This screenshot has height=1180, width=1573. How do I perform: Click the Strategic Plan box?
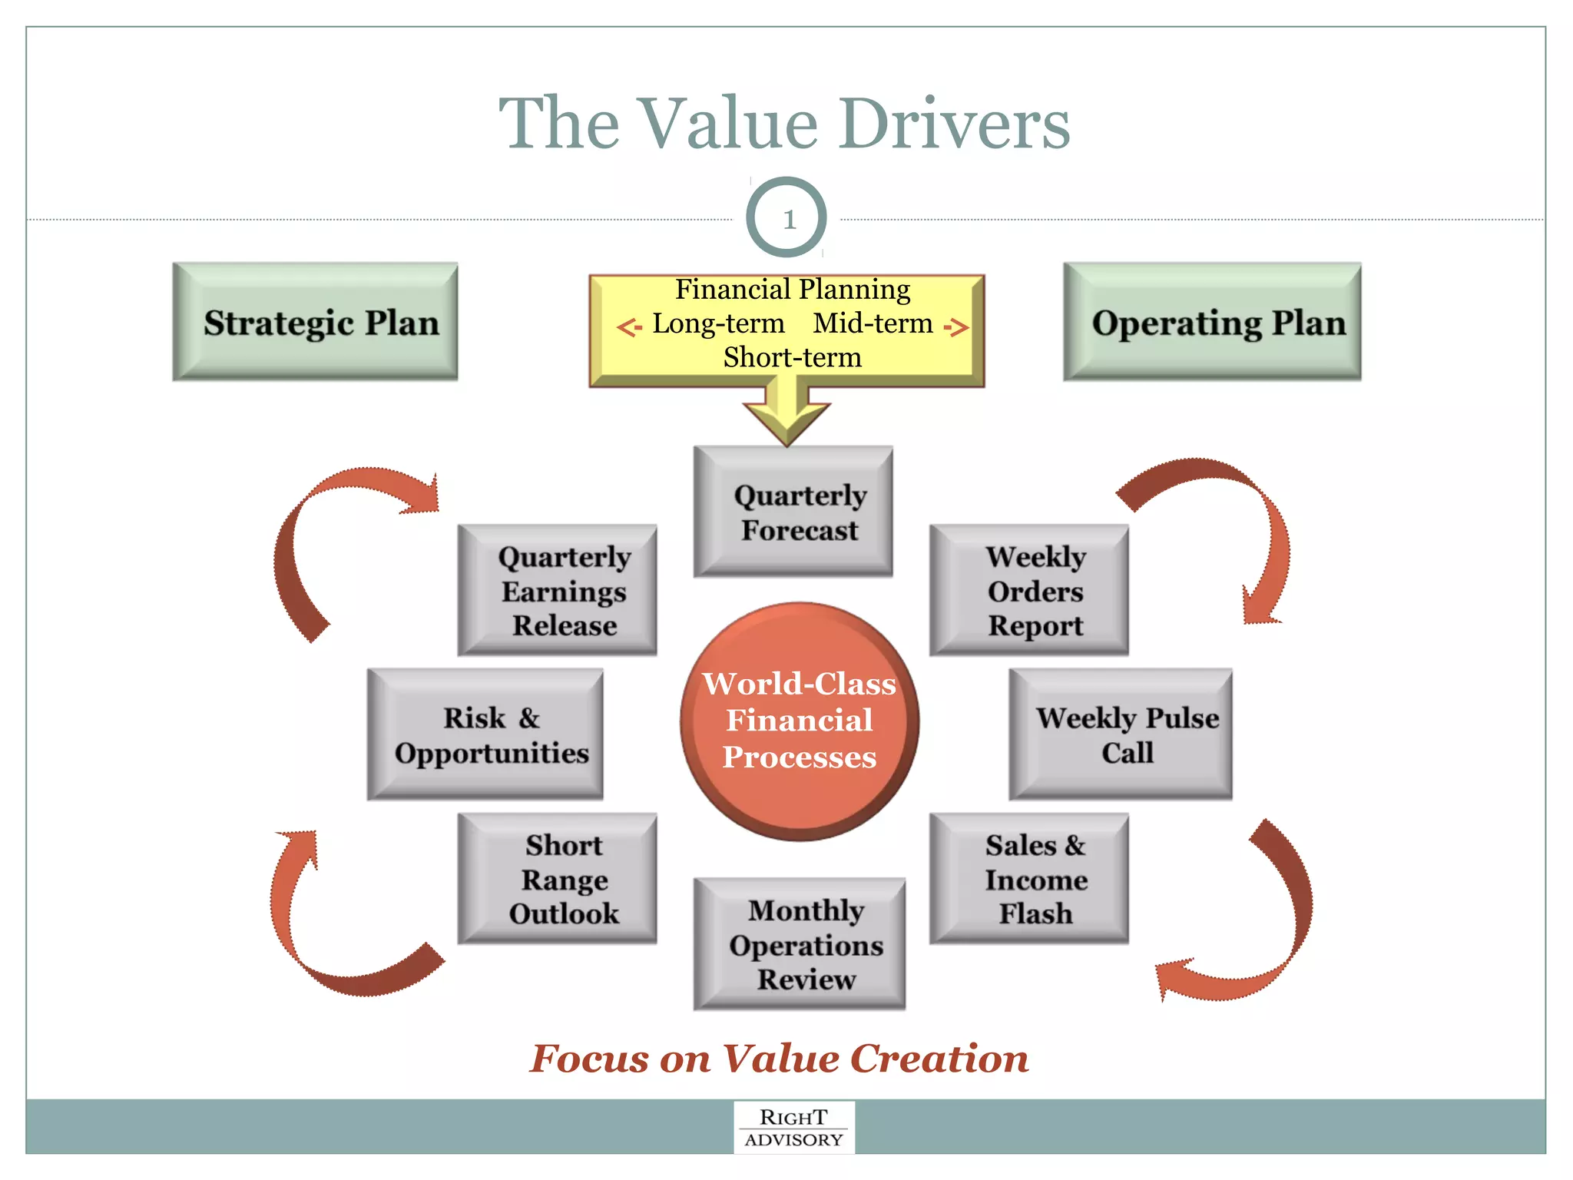[316, 322]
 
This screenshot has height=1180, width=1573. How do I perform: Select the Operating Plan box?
[1212, 322]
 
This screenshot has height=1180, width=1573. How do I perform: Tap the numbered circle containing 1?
[786, 218]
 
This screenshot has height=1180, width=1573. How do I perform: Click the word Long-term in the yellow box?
[718, 323]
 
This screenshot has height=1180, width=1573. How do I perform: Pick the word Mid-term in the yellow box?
[873, 323]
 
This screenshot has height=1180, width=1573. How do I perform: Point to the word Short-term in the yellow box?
[792, 358]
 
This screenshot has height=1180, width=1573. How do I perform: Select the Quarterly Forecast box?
[793, 512]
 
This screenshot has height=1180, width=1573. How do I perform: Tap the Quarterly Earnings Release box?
[558, 591]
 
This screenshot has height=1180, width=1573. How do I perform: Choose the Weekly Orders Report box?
[1029, 591]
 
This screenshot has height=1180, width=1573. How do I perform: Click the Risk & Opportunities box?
[485, 734]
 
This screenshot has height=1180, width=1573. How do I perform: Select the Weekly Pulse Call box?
[1121, 734]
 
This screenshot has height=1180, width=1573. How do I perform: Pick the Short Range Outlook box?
[558, 879]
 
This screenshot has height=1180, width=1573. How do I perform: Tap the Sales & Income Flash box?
[1029, 879]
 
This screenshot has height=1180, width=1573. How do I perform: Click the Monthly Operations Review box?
[800, 944]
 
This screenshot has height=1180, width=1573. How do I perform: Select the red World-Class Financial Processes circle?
[800, 721]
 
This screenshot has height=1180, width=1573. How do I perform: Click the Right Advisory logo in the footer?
[794, 1128]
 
